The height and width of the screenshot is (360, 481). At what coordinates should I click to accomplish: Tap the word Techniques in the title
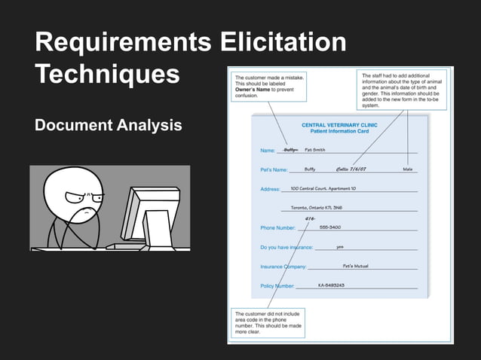coord(107,74)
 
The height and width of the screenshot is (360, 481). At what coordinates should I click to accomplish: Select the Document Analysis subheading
coord(109,125)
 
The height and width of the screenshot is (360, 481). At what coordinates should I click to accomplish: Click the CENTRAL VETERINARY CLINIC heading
coord(339,125)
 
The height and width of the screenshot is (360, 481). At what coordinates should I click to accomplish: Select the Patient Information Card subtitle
coord(339,131)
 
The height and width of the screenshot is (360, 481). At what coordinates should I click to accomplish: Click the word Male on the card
coord(408,169)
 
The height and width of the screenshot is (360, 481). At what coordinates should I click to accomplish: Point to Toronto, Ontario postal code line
coord(317,207)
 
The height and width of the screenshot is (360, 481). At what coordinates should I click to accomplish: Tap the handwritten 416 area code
coord(310,218)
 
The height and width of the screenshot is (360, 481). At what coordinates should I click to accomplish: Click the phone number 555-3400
coord(329,227)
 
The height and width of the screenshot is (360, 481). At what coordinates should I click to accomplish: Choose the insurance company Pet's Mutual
coord(355,266)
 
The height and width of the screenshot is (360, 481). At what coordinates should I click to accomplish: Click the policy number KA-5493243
coord(331,285)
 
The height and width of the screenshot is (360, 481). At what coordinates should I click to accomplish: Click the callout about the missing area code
coord(268,322)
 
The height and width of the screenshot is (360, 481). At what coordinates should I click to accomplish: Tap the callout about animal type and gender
coord(403,90)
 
